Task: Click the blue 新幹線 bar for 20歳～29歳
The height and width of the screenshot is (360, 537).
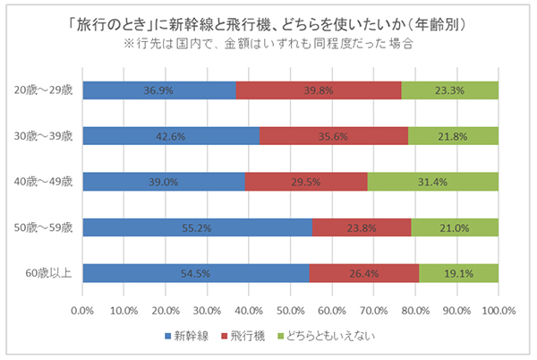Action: (158, 90)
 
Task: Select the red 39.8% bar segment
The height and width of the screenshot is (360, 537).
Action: (318, 90)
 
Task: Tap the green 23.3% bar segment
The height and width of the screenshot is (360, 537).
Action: (449, 90)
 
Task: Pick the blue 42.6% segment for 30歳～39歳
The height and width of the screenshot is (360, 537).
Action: (170, 135)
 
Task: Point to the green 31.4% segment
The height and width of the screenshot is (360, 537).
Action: (432, 181)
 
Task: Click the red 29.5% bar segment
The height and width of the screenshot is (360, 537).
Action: (305, 181)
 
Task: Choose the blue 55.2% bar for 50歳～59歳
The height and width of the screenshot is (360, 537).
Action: (197, 227)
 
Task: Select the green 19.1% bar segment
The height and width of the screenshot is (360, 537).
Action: (458, 273)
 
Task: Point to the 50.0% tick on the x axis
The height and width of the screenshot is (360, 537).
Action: (290, 312)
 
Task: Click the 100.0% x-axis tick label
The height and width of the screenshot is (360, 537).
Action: (498, 312)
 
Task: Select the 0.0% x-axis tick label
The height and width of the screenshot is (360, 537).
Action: (82, 312)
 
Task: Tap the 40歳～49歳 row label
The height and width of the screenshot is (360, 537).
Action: (44, 181)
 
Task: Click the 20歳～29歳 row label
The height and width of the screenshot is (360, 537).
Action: (44, 90)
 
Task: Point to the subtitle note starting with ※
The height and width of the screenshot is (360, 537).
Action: (268, 44)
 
